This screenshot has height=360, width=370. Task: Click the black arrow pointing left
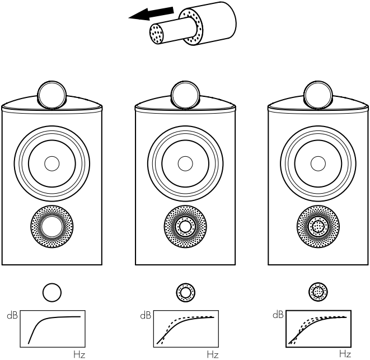(147, 13)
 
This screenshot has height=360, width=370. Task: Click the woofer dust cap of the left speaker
(51, 164)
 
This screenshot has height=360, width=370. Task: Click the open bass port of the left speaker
(51, 227)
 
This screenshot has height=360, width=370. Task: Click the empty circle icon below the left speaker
(51, 292)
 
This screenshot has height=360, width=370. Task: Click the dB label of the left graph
(12, 315)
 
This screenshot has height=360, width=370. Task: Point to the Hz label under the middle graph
(212, 354)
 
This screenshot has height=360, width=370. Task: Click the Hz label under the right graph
(345, 354)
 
